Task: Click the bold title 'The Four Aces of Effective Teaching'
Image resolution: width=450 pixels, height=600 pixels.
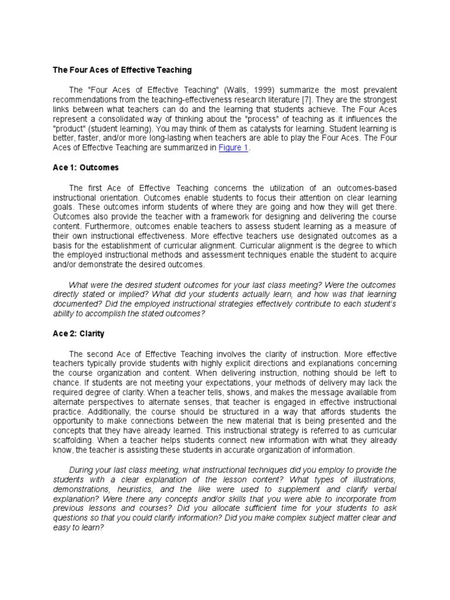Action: click(122, 70)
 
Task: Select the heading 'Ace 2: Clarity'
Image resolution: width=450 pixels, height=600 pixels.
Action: click(79, 333)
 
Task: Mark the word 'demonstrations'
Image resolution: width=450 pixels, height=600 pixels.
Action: click(80, 489)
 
